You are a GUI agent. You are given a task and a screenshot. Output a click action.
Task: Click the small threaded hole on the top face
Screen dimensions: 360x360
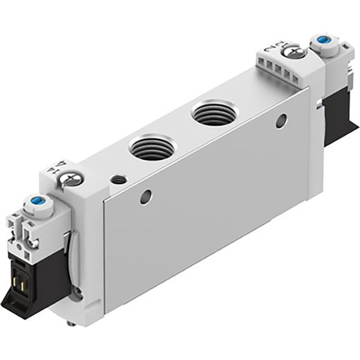point(119,179)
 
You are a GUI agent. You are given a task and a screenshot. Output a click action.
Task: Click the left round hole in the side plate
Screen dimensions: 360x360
point(145,197)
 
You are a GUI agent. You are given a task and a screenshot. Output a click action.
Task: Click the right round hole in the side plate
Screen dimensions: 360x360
point(280,120)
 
